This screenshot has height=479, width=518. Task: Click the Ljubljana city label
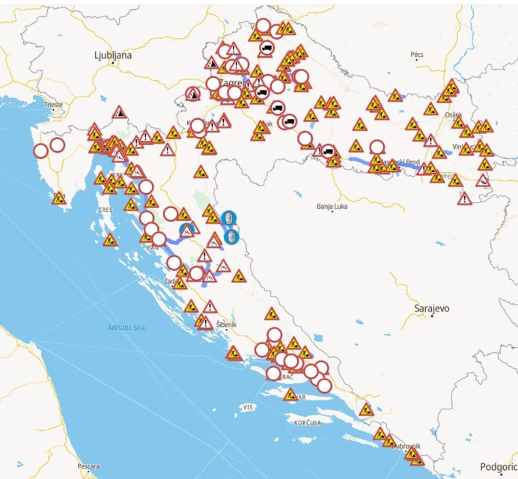click(x=113, y=55)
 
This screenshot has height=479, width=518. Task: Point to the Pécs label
click(x=417, y=55)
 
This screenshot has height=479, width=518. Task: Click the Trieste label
click(x=54, y=106)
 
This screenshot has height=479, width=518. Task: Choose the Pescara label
click(x=88, y=466)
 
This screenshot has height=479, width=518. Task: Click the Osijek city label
click(x=455, y=115)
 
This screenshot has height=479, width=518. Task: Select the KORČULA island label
click(x=308, y=422)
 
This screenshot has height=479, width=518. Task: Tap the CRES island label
click(x=104, y=210)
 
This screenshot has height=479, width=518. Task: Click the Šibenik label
click(x=225, y=325)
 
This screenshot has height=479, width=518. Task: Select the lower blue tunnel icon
click(x=231, y=237)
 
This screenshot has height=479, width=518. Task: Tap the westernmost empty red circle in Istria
click(x=41, y=150)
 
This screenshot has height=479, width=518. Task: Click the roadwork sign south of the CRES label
click(x=110, y=240)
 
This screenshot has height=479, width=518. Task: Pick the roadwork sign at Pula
click(x=60, y=198)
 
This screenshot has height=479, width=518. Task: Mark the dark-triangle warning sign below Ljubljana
click(x=118, y=112)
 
